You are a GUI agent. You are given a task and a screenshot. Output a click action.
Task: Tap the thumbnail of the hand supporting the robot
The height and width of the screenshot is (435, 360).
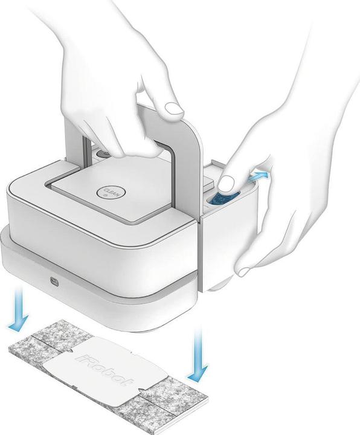[245, 271]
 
